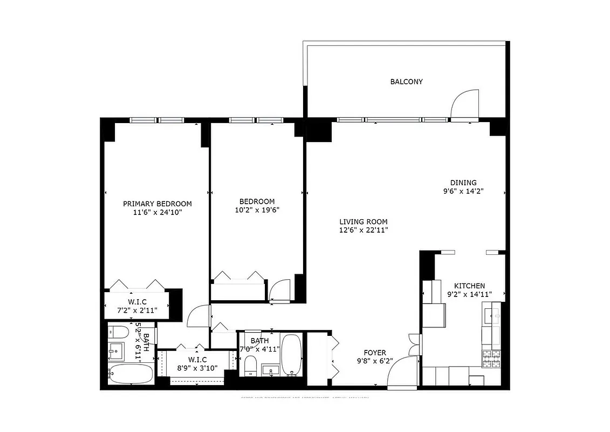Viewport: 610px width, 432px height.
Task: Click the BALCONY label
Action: (406, 82)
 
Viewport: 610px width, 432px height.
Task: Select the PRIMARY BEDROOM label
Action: (157, 204)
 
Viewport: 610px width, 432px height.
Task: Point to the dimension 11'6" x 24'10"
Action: (157, 213)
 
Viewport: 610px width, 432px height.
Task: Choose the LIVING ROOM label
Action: (363, 221)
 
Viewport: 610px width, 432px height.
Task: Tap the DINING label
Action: (463, 183)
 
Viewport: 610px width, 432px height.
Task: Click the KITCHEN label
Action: (469, 286)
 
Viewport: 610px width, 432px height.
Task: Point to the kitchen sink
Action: (490, 314)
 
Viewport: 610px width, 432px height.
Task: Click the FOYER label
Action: (374, 353)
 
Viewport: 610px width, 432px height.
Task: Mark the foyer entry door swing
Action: (402, 373)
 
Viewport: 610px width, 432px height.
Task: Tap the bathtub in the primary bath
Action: (131, 373)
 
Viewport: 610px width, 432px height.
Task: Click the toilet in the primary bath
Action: (118, 332)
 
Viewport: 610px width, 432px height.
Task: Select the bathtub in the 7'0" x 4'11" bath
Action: (292, 354)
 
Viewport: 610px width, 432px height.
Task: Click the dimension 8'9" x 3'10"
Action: (198, 368)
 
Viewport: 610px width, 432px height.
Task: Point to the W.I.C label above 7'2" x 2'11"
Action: (137, 301)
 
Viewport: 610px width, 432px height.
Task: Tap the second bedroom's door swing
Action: (281, 290)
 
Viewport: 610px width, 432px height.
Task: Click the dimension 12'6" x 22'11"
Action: (363, 230)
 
